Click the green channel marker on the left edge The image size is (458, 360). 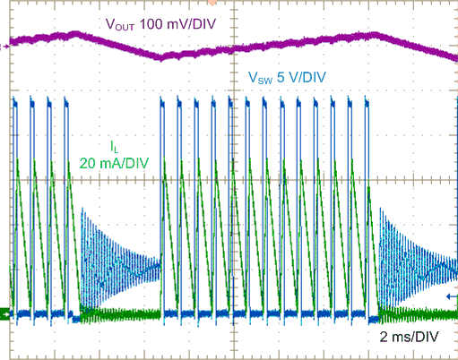click(x=4, y=313)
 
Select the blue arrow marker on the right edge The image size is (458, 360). click(x=451, y=295)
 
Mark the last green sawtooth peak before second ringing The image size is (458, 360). click(x=367, y=184)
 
